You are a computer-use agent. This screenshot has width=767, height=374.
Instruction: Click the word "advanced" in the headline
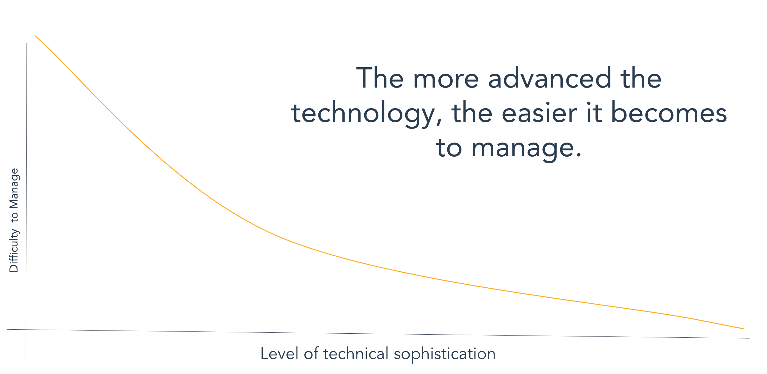click(550, 78)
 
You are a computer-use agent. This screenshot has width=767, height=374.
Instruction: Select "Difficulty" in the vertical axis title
click(14, 250)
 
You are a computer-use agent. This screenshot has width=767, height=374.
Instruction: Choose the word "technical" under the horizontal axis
click(356, 354)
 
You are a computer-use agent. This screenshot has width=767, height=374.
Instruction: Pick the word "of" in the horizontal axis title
click(311, 354)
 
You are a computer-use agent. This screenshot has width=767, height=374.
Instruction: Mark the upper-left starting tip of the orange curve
click(35, 36)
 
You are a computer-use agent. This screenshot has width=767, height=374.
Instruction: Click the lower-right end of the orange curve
click(744, 329)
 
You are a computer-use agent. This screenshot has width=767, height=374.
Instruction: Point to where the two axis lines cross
click(26, 330)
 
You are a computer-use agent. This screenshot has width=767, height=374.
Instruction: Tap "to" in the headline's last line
click(449, 149)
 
